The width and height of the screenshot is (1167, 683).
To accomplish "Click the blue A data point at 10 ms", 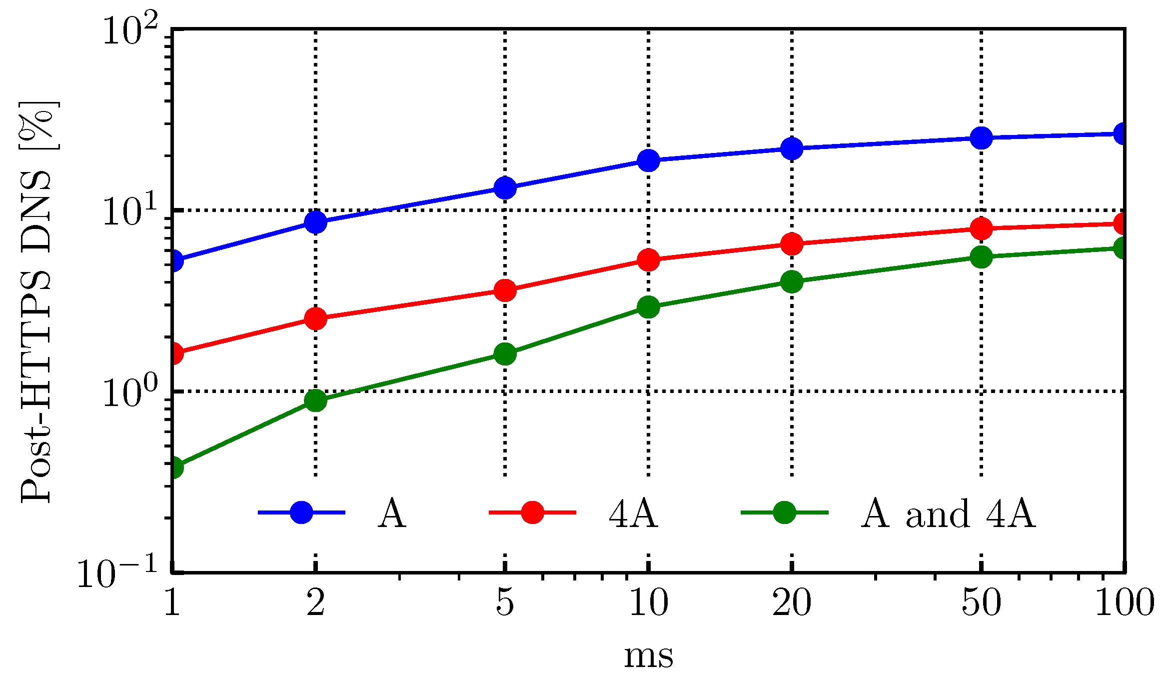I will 648,160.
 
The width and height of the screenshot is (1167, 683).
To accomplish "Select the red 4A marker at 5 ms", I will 505,290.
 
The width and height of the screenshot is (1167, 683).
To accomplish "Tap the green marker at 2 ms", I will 315,399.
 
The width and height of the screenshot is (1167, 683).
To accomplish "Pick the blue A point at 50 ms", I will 981,137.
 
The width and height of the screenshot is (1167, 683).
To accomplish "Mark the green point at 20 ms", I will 792,281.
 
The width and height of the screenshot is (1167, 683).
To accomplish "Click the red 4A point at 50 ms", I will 981,228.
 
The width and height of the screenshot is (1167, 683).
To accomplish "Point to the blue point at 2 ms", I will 315,221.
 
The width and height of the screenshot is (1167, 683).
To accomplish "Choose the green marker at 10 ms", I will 648,306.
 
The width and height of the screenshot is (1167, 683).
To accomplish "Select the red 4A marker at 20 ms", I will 792,244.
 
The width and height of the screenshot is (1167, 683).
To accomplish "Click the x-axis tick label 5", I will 505,602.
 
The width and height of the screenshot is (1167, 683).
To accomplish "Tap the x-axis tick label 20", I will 792,602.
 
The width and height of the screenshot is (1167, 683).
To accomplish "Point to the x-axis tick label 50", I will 981,602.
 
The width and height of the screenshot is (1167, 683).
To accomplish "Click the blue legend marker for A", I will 301,512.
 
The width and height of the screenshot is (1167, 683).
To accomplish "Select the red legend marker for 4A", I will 532,512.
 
